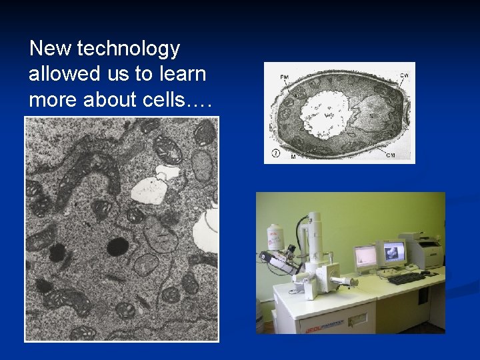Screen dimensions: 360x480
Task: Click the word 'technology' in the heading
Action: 129,49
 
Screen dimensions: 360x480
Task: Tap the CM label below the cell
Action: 393,155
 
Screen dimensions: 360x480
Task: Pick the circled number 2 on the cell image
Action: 275,154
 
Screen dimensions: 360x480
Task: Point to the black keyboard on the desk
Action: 405,277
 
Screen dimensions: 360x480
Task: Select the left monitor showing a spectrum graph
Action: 365,255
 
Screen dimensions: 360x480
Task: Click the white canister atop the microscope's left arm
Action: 273,237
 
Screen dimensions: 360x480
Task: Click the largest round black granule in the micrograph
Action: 117,246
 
